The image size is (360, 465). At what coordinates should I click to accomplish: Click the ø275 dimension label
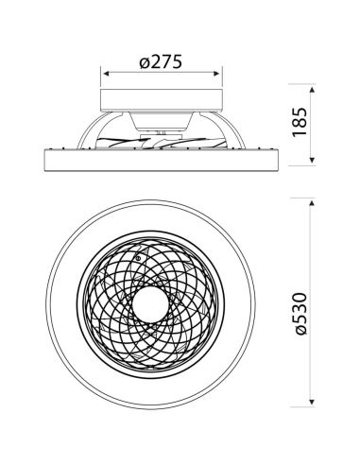pos(160,60)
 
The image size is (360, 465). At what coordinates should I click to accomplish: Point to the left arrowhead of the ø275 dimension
pos(103,76)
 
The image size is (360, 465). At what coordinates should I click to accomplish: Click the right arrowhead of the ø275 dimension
pos(220,76)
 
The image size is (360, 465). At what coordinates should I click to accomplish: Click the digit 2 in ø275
pos(154,60)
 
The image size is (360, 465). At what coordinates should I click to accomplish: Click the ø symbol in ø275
pos(141,61)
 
